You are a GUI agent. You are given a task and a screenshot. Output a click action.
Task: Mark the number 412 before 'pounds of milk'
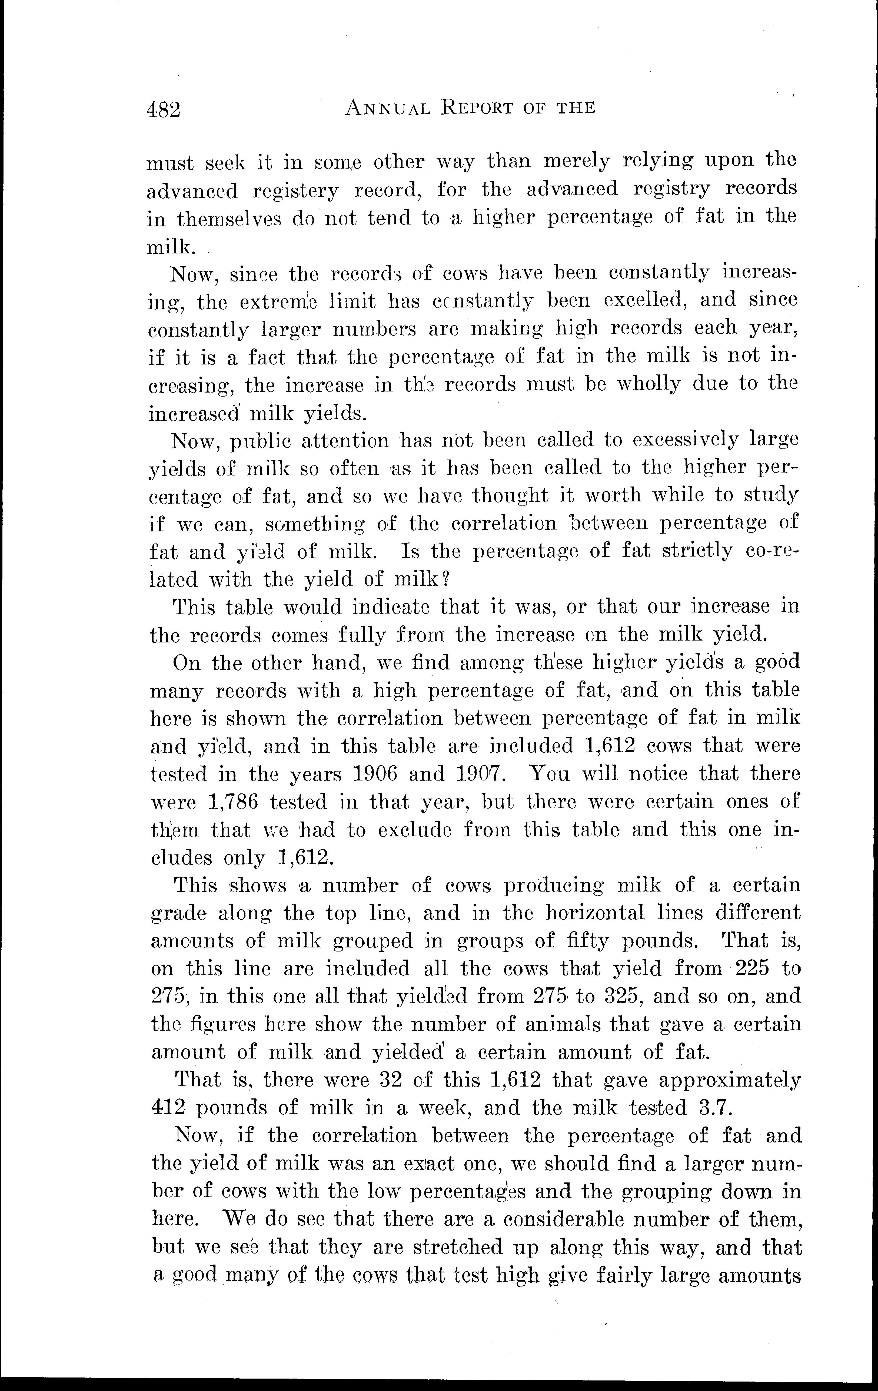(x=168, y=1108)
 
